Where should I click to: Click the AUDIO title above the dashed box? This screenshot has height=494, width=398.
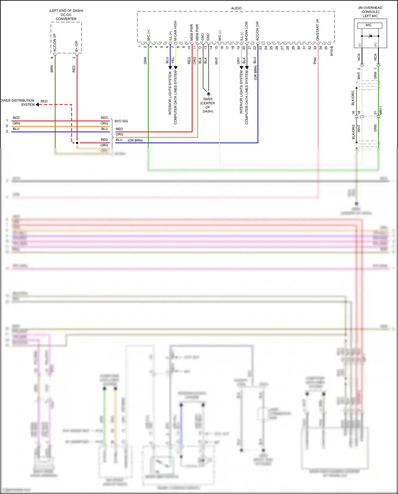point(236,8)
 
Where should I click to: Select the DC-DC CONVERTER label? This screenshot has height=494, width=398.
point(66,17)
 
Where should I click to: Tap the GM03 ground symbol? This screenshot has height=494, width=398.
point(209,94)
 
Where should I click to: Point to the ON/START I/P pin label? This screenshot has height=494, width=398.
point(318,30)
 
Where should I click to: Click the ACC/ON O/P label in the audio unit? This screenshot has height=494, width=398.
point(257,31)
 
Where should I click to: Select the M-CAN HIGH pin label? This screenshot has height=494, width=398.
point(175,31)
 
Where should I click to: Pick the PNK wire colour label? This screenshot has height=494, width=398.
point(315,61)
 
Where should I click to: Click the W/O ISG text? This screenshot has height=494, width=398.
point(121,121)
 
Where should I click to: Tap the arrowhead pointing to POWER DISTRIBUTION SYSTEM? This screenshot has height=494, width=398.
point(37,105)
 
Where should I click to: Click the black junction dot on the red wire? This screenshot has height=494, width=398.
point(77,143)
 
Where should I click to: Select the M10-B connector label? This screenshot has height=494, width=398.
point(331,51)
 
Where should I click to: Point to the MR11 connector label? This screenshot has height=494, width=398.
point(381,110)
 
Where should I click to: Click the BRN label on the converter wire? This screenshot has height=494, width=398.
point(52,69)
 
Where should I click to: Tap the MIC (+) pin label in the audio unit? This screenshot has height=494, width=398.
point(148,35)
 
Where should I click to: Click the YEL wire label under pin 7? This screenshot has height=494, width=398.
point(173,60)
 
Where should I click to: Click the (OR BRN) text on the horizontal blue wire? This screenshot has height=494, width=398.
point(135,140)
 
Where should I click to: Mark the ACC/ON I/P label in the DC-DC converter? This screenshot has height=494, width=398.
point(55,42)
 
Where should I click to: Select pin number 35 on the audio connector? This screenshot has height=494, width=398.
point(326,48)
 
